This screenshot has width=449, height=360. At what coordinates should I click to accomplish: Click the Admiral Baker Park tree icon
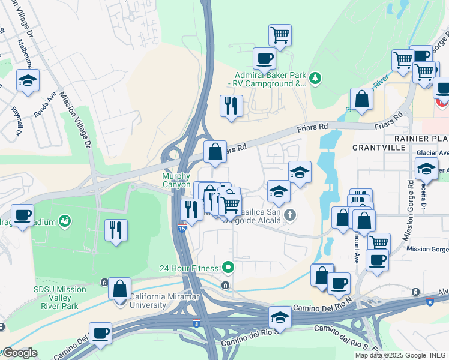[x=315, y=78]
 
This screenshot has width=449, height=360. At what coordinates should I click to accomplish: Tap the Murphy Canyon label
[x=176, y=180]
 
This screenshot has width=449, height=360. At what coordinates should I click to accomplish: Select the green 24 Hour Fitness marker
[x=228, y=266]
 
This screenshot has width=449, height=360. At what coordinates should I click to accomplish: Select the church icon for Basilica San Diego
[x=290, y=215]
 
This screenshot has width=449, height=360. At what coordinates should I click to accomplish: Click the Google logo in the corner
[x=19, y=353]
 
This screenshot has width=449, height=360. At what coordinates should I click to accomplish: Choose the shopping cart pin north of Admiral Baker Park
[x=280, y=35]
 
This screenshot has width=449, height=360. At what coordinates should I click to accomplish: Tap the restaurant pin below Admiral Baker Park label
[x=231, y=107]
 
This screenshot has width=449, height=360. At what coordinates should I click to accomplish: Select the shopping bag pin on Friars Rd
[x=215, y=152]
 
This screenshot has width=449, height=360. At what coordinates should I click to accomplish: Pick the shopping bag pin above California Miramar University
[x=119, y=288]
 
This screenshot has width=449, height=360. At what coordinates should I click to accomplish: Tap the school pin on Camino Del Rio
[x=280, y=316]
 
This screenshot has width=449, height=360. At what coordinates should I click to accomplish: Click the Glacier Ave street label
[x=435, y=152]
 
